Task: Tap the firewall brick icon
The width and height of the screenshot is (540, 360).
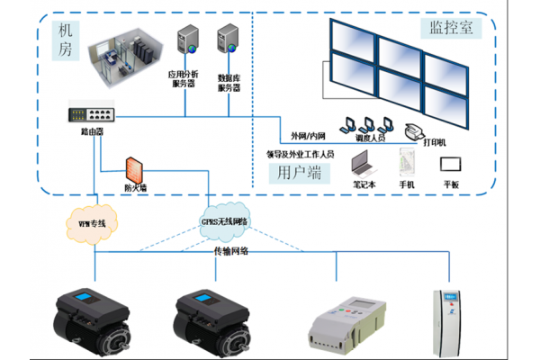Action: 133,170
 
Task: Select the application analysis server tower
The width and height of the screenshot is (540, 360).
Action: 187,41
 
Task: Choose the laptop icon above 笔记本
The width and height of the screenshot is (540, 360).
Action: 364,163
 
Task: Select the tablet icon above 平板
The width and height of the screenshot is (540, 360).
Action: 450,164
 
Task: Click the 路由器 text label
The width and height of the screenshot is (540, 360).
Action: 92,131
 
